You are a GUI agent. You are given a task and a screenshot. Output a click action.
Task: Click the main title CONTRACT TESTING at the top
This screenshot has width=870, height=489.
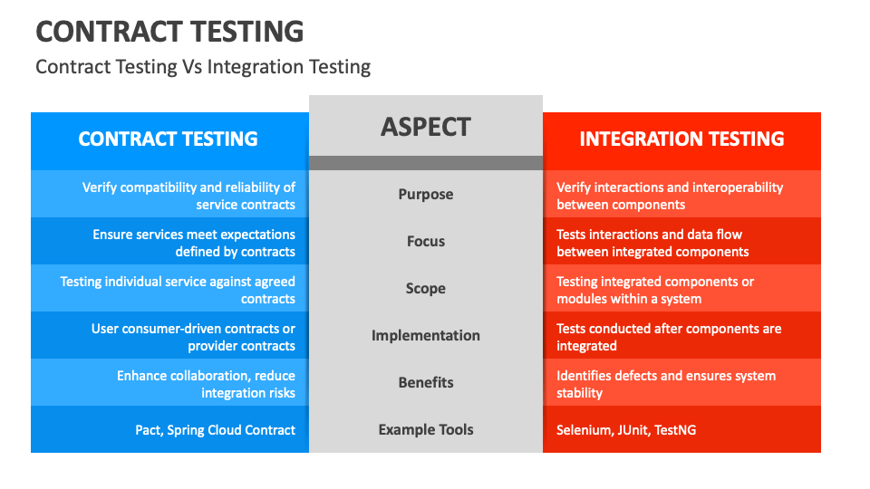169,31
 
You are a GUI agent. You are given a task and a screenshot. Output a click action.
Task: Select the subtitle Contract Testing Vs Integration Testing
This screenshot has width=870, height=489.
203,67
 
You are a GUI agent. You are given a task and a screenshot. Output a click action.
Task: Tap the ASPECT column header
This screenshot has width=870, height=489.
426,127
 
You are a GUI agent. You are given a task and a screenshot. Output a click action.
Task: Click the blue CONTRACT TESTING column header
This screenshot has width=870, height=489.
169,139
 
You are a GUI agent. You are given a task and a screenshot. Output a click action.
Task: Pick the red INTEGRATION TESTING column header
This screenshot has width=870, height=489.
681,139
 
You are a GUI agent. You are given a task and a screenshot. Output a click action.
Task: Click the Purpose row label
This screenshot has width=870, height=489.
426,194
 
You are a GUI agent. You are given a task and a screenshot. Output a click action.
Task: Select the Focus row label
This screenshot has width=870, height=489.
426,241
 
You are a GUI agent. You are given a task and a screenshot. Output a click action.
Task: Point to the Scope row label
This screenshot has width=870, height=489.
426,288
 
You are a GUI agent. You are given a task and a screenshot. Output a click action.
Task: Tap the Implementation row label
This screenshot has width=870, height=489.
426,335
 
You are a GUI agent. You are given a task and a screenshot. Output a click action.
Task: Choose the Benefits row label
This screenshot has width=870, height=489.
426,382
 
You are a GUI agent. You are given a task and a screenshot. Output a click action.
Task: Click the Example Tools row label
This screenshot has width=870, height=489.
426,429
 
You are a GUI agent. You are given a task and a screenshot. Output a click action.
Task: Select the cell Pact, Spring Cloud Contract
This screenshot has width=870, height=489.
216,430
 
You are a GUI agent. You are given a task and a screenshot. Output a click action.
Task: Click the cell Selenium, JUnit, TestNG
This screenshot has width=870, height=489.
626,430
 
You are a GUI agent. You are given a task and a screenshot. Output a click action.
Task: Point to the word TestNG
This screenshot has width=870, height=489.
674,430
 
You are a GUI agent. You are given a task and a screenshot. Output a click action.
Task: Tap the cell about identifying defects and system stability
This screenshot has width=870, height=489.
666,384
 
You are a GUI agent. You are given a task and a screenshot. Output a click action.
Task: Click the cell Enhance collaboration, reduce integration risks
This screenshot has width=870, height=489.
206,384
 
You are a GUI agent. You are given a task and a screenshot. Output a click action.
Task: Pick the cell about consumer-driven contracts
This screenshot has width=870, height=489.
193,337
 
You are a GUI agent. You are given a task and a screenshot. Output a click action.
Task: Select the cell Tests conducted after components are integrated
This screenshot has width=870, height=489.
669,337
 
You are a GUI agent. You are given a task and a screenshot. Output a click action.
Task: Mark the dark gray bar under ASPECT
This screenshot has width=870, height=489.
426,163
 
